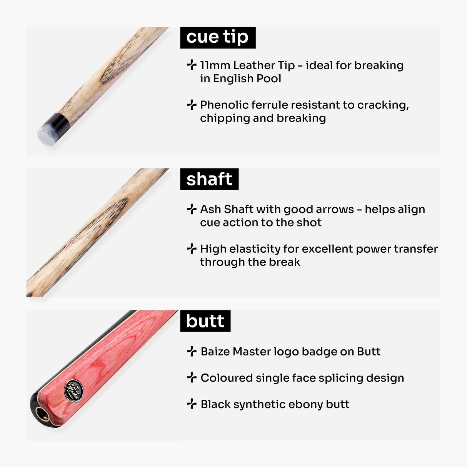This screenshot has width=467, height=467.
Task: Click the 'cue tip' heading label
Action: [x=217, y=37]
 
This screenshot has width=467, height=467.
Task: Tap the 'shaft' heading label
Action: [x=209, y=179]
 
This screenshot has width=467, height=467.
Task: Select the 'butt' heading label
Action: [x=205, y=321]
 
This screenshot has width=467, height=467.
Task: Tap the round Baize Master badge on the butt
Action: [x=73, y=391]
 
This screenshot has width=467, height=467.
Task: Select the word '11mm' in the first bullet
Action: [x=215, y=65]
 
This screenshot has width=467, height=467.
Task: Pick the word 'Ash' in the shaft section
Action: [x=210, y=209]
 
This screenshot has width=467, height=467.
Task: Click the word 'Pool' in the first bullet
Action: [x=269, y=78]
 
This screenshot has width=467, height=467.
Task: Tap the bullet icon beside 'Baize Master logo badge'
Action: [x=192, y=351]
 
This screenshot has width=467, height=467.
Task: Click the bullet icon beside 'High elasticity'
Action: [x=192, y=249]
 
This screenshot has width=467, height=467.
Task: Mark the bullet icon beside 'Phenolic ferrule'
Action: [x=192, y=105]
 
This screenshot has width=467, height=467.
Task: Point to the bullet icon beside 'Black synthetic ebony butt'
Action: [x=192, y=404]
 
